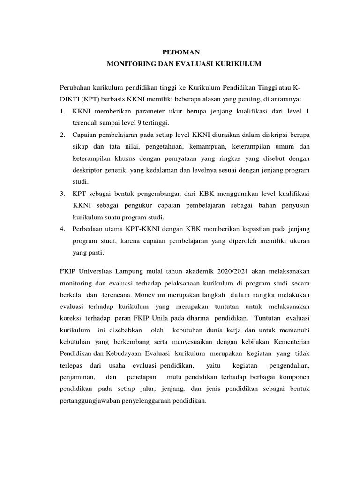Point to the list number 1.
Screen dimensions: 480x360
point(62,112)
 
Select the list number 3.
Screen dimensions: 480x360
point(62,193)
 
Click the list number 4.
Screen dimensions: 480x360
point(62,229)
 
